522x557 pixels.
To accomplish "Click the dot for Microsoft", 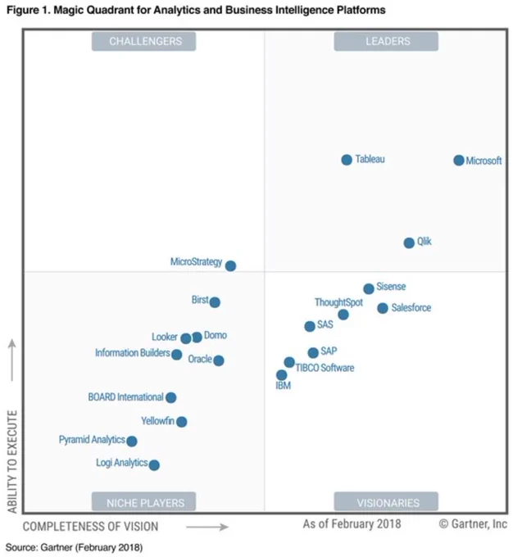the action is [x=459, y=161].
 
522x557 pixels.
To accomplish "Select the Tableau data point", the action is [x=347, y=160].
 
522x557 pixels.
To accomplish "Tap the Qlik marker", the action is [x=409, y=243].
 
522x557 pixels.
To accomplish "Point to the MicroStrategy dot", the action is [x=230, y=265].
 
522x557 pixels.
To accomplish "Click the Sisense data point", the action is [x=369, y=288].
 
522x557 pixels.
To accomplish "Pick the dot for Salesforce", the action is [x=383, y=308].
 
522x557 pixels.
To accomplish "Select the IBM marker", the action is [x=281, y=375].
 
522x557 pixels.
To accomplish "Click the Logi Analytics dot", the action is [x=154, y=465].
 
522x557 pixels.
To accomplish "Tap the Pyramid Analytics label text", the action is [x=92, y=440].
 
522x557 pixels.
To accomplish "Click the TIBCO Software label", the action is [x=325, y=368].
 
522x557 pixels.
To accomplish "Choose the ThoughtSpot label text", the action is [x=338, y=302].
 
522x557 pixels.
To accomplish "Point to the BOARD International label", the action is [x=126, y=396].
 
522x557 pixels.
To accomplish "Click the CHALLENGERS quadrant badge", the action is [x=143, y=42].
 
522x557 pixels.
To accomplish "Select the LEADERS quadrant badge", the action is [x=386, y=42].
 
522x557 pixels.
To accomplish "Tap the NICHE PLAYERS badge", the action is [x=143, y=501].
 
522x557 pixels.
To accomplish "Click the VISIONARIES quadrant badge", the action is [x=386, y=501].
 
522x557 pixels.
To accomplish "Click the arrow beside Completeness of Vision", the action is [x=207, y=527].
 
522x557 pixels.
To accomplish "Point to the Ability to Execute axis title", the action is [x=12, y=461].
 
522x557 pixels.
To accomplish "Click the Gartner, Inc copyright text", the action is [x=473, y=523].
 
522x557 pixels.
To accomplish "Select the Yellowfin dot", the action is [x=182, y=422].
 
